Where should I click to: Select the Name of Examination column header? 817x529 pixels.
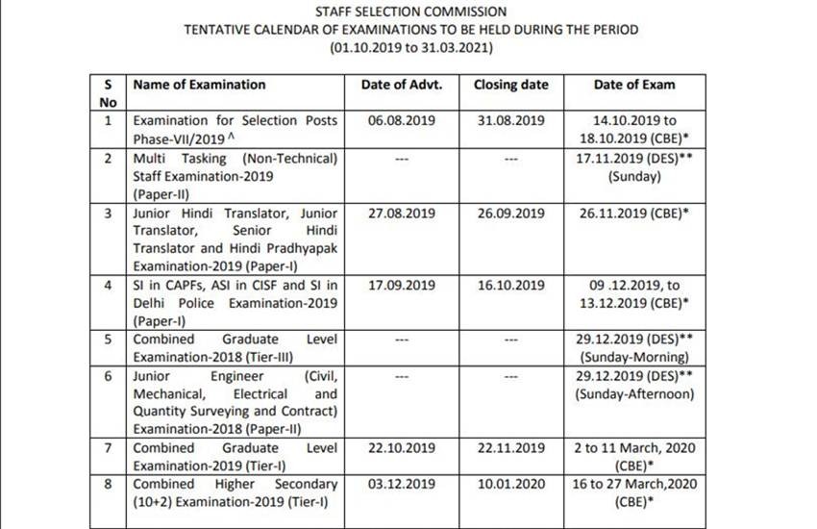(199, 85)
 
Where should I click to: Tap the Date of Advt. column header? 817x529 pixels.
(402, 85)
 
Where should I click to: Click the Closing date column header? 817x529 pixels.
(510, 85)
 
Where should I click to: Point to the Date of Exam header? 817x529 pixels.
(634, 85)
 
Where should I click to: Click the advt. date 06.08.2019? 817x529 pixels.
(402, 121)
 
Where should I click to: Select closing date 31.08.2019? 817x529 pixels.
(510, 121)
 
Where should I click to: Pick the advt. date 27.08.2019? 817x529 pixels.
(402, 214)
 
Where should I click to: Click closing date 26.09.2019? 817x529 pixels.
(510, 214)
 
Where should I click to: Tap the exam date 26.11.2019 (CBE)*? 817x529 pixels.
(634, 214)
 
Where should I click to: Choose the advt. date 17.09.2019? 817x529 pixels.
(402, 286)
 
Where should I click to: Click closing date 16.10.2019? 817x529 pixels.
(510, 286)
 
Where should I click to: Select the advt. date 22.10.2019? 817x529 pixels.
(402, 448)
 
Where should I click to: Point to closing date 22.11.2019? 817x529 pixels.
(510, 448)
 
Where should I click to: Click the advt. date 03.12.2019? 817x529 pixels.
(402, 484)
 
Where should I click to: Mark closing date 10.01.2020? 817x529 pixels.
(510, 484)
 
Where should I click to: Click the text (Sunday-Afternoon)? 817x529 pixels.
(634, 394)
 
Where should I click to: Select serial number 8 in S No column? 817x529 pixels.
(109, 484)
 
